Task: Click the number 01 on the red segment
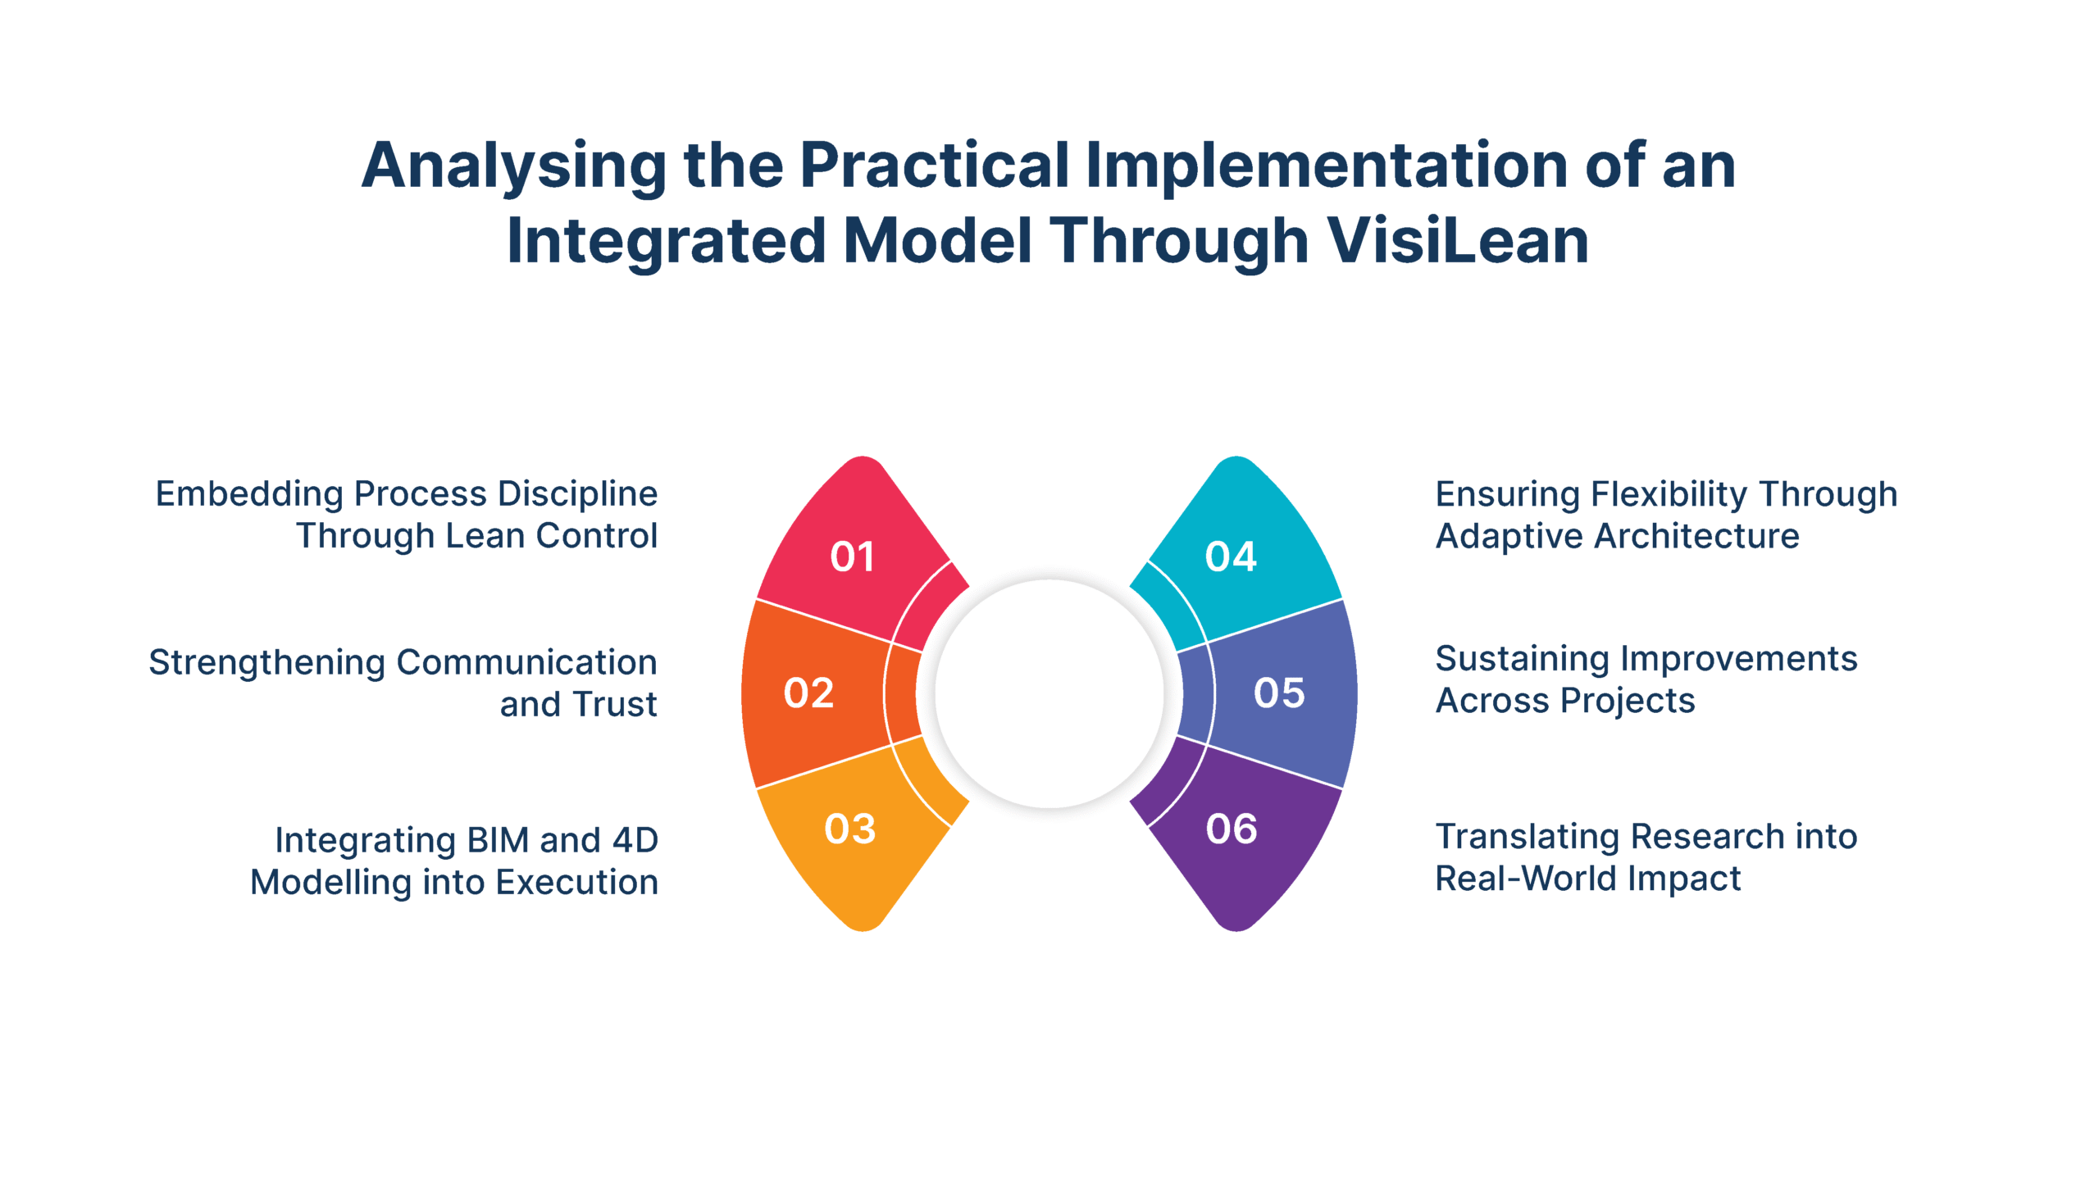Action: click(x=852, y=557)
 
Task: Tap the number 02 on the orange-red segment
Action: click(x=808, y=693)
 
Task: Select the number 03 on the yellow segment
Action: click(x=850, y=829)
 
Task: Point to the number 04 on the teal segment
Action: click(x=1231, y=557)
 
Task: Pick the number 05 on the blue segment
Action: click(x=1279, y=693)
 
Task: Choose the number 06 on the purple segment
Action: click(x=1232, y=829)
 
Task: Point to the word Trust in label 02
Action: click(x=616, y=705)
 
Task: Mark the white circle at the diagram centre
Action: click(x=1049, y=694)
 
